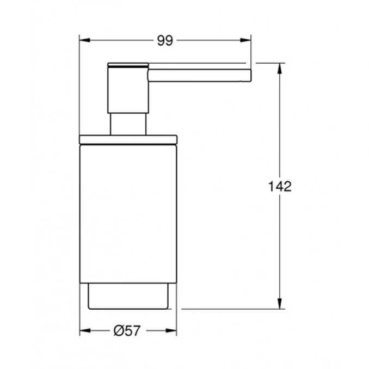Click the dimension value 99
coord(165,40)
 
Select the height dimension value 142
coord(280,186)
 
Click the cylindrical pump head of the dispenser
coord(128,87)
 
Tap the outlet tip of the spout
coord(249,76)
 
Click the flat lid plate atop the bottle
coord(128,138)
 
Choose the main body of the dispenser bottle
coord(128,212)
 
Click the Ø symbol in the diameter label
coord(119,330)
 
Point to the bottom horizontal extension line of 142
coord(234,309)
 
